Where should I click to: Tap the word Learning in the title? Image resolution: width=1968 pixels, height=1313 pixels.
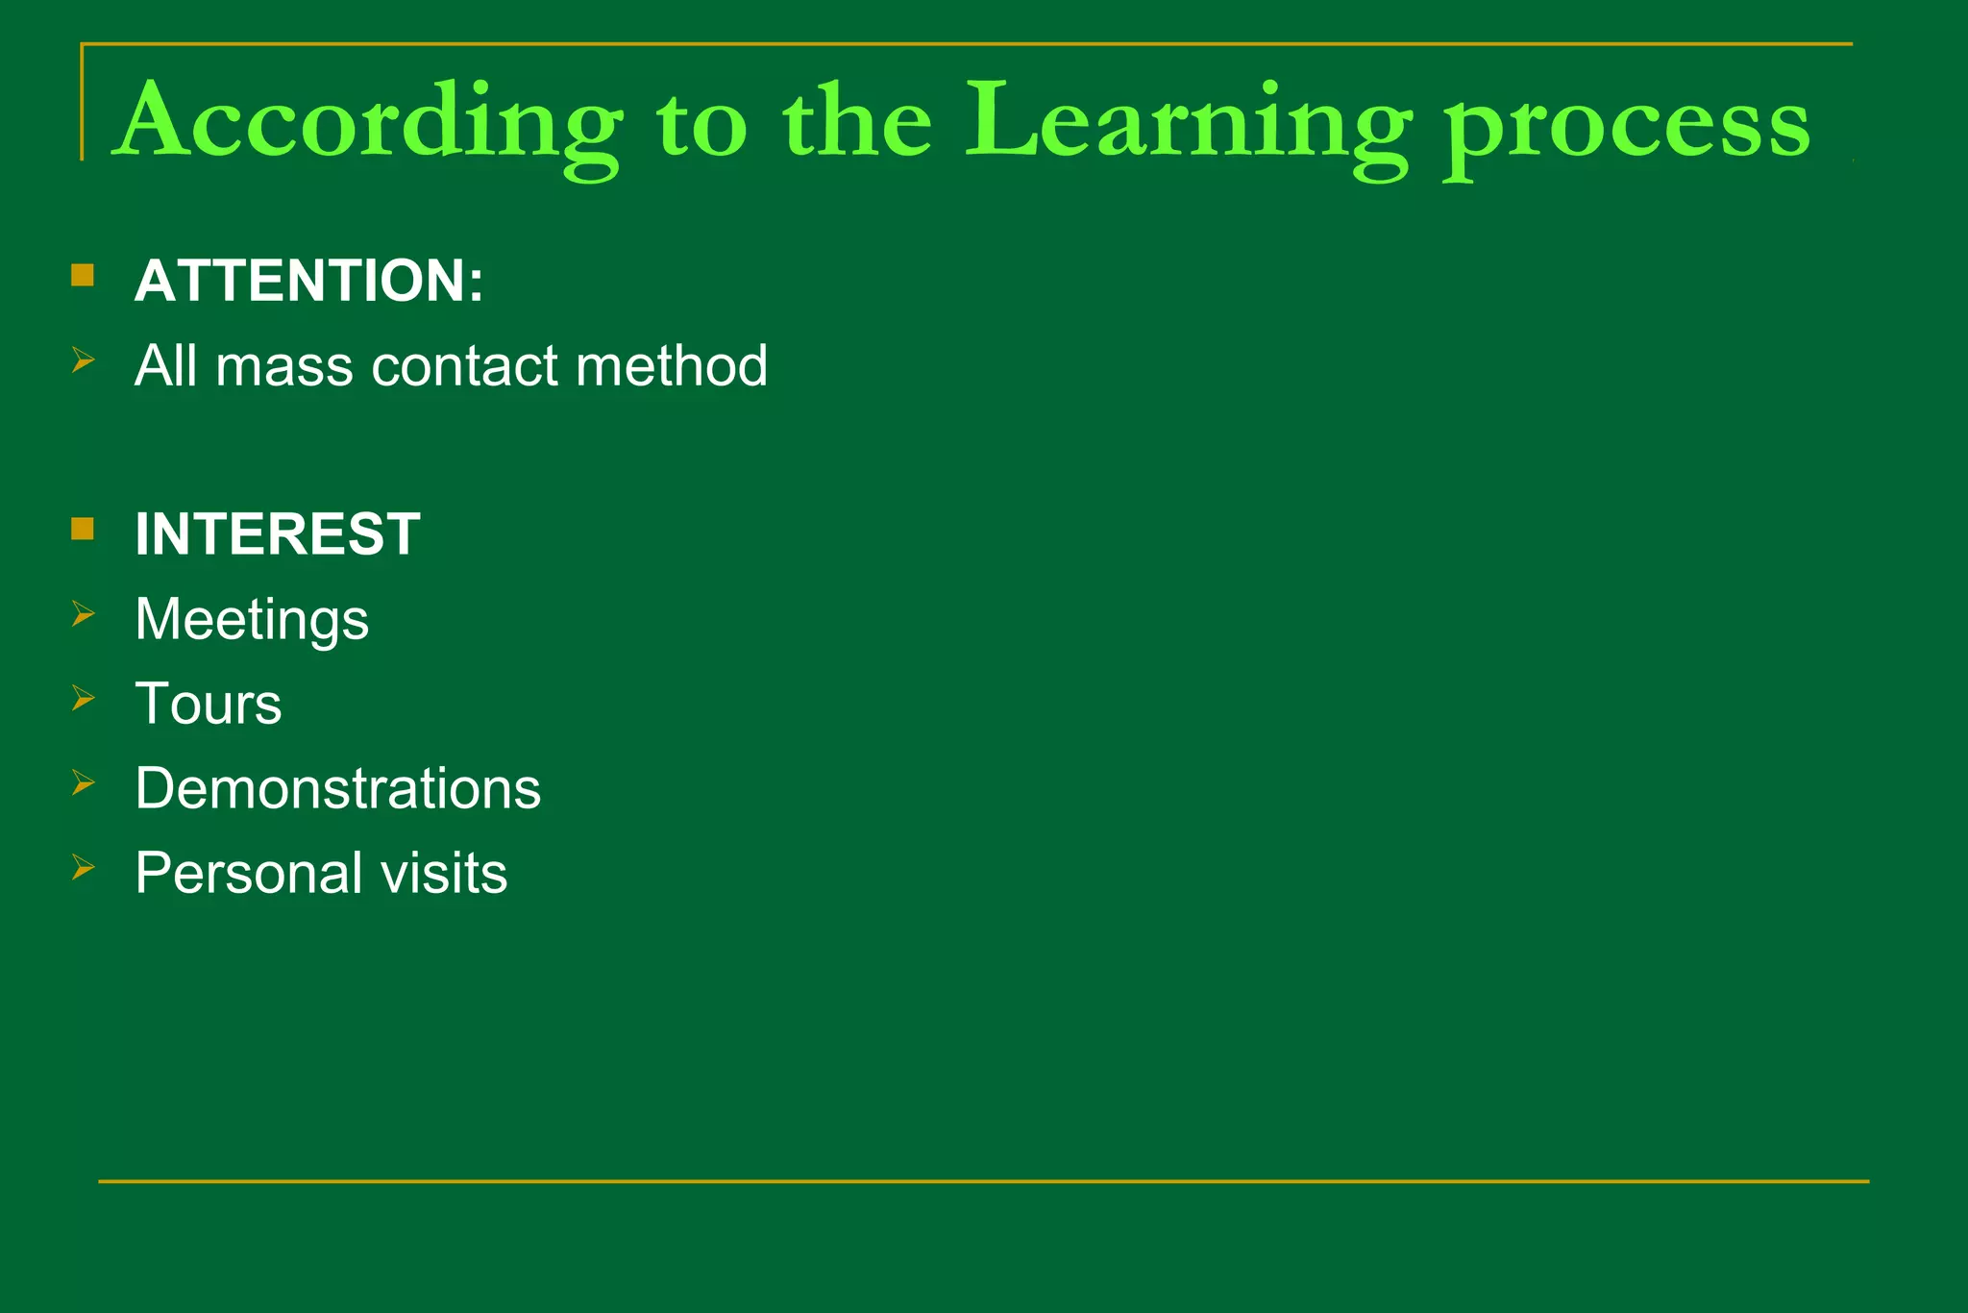pyautogui.click(x=1188, y=123)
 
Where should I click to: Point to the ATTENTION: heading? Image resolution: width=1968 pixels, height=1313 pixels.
pyautogui.click(x=308, y=281)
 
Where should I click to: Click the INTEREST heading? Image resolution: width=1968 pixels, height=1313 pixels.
pyautogui.click(x=277, y=533)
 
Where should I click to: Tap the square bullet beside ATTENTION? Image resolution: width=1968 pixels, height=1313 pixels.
pyautogui.click(x=83, y=276)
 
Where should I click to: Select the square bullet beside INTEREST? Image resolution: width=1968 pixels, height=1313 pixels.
pyautogui.click(x=83, y=529)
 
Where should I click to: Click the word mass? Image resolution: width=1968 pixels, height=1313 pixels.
pyautogui.click(x=284, y=366)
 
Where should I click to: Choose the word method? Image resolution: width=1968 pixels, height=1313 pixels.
pyautogui.click(x=672, y=366)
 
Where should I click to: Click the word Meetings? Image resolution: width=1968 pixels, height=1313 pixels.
pyautogui.click(x=252, y=620)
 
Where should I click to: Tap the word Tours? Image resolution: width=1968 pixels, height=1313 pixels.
pyautogui.click(x=209, y=704)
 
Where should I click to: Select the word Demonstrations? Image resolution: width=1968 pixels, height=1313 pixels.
pyautogui.click(x=337, y=788)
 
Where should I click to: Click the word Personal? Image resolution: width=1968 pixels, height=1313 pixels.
pyautogui.click(x=249, y=873)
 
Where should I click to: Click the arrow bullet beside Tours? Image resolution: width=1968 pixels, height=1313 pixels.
pyautogui.click(x=84, y=698)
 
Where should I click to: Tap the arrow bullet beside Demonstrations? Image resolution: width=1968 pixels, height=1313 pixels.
pyautogui.click(x=84, y=783)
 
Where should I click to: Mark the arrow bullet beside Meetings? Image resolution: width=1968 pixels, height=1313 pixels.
pyautogui.click(x=84, y=613)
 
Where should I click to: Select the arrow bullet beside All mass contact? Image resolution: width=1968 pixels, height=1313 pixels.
pyautogui.click(x=84, y=360)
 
